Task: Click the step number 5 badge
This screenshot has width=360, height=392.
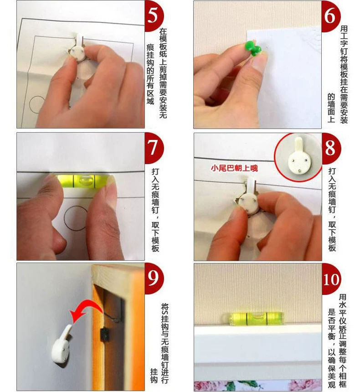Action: click(x=154, y=15)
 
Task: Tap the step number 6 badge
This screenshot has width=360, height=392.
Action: click(x=330, y=15)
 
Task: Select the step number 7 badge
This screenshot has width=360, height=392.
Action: click(x=154, y=148)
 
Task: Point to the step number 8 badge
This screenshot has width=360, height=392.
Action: click(x=330, y=148)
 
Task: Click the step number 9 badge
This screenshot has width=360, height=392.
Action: click(x=154, y=278)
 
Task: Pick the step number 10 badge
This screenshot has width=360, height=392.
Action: click(x=330, y=279)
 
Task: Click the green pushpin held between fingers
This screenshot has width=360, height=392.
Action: click(x=253, y=48)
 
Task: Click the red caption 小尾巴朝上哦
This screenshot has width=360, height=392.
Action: click(x=234, y=168)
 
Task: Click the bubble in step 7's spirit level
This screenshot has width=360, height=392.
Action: click(x=84, y=181)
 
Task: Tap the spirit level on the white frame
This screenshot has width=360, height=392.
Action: click(x=257, y=319)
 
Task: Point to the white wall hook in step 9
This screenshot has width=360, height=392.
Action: click(x=62, y=343)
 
